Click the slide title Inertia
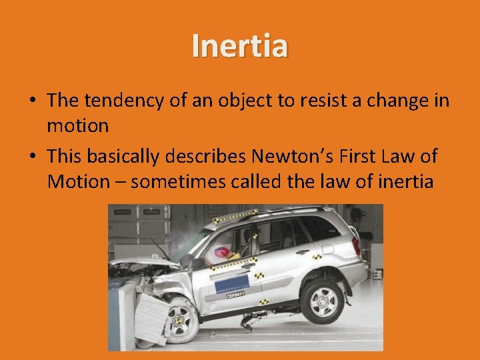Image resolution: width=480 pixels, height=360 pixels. [240, 46]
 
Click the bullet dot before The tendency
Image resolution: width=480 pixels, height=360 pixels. [32, 102]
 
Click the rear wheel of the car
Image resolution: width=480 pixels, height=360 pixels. [322, 301]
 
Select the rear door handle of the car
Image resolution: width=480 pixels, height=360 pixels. [303, 252]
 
